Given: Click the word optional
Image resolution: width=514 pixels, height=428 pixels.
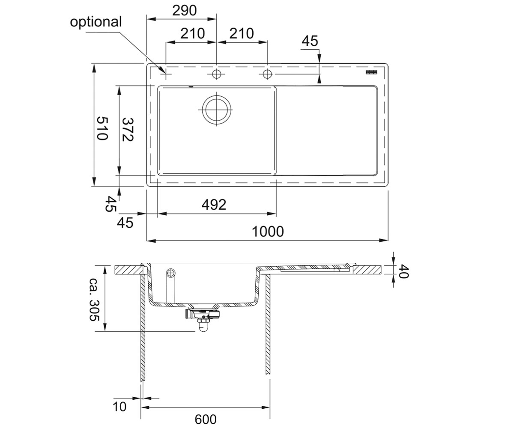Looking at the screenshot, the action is click(x=96, y=22).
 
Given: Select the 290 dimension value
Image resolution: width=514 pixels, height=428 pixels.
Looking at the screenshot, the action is click(x=184, y=11).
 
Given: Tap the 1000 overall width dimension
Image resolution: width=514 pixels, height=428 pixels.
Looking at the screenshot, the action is click(x=268, y=232).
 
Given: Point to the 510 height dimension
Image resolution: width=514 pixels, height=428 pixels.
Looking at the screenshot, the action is click(x=102, y=128).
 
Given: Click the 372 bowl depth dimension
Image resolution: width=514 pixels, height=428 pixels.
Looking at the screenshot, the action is click(x=128, y=130).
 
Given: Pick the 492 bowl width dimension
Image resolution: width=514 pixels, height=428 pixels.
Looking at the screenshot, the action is click(x=214, y=205).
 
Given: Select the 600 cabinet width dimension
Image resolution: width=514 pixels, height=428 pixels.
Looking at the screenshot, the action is click(x=206, y=419).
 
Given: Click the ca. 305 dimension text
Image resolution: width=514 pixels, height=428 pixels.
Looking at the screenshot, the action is click(x=95, y=300).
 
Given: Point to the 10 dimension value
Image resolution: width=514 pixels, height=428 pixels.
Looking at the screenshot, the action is click(x=120, y=407).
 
